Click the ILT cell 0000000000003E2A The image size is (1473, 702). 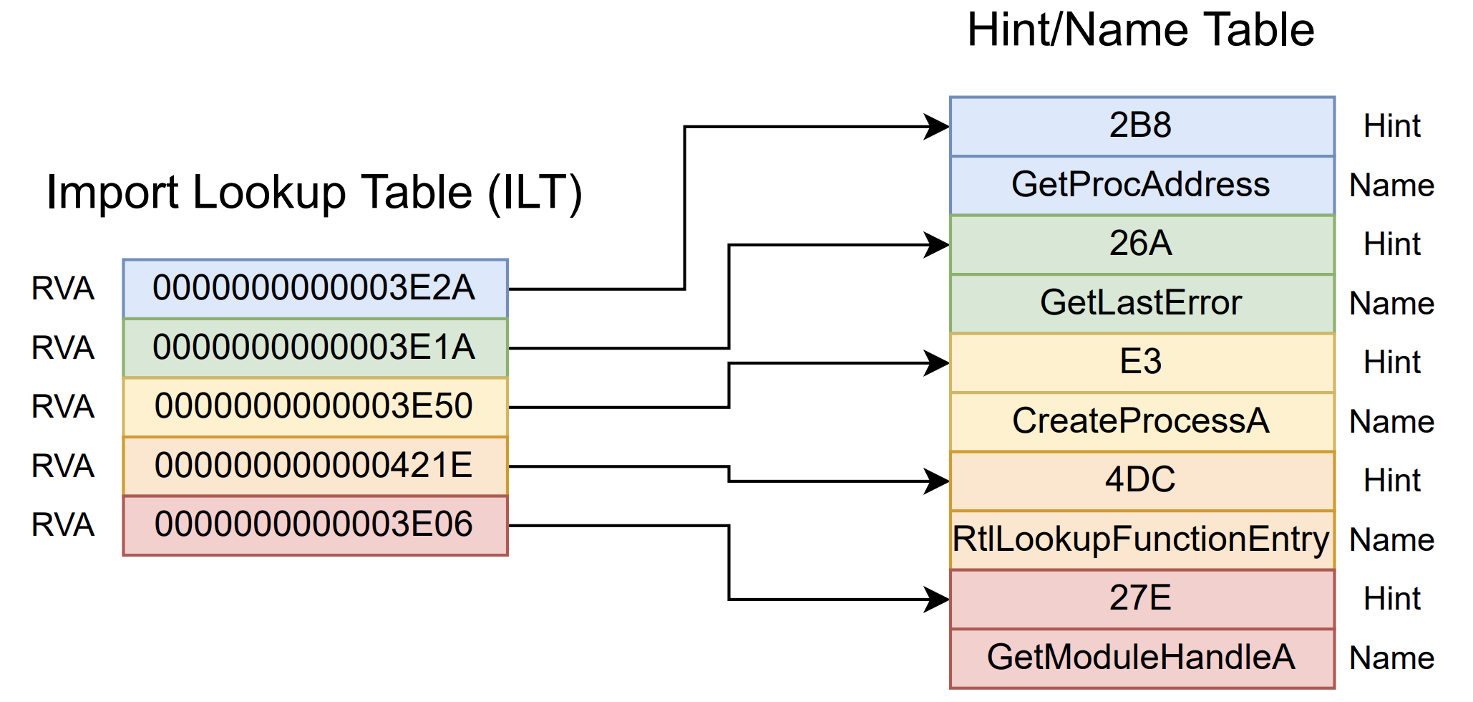(x=315, y=289)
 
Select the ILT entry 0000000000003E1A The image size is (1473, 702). (x=315, y=348)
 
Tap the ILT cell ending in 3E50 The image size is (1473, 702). (x=315, y=407)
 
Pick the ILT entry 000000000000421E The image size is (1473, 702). (x=315, y=466)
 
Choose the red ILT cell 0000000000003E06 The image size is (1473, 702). (x=315, y=525)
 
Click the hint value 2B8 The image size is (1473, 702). (x=1142, y=126)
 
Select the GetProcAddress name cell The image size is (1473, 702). (x=1142, y=185)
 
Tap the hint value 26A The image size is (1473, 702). (x=1142, y=244)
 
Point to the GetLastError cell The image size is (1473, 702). (x=1142, y=303)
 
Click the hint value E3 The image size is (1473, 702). (x=1142, y=362)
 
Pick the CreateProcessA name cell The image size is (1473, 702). (x=1142, y=421)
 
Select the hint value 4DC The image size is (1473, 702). (x=1142, y=480)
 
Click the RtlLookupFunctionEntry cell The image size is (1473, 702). (x=1142, y=539)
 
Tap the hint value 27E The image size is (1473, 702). (x=1142, y=598)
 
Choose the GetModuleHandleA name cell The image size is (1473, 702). (x=1142, y=658)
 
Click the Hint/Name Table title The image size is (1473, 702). (x=1141, y=30)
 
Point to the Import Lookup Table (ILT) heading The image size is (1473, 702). (x=314, y=193)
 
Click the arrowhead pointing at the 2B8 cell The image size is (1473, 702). (x=936, y=127)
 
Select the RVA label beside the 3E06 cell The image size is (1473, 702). (x=63, y=525)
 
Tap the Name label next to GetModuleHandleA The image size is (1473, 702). (x=1391, y=658)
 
